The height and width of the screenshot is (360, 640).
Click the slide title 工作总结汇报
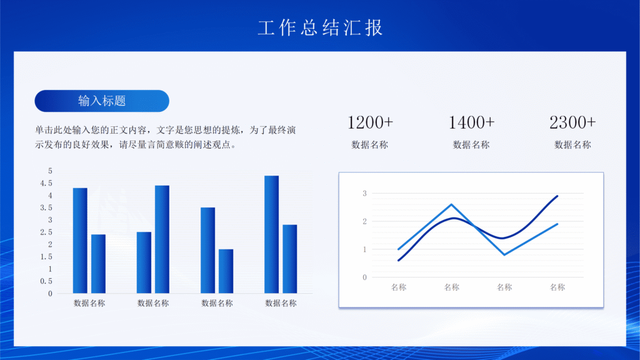pyautogui.click(x=320, y=27)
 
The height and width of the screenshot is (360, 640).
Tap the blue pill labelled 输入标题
pyautogui.click(x=102, y=101)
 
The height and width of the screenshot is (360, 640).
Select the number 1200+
pyautogui.click(x=370, y=122)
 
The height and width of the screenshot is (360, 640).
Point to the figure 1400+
pyautogui.click(x=471, y=122)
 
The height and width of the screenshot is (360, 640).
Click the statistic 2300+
pyautogui.click(x=572, y=122)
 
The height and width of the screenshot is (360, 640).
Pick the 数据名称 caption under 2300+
pyautogui.click(x=572, y=145)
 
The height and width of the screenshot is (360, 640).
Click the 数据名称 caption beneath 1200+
pyautogui.click(x=370, y=145)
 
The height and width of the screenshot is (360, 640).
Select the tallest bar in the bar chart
pyautogui.click(x=271, y=234)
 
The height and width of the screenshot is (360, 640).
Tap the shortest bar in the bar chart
pyautogui.click(x=226, y=271)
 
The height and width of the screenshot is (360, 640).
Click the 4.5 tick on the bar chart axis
pyautogui.click(x=46, y=183)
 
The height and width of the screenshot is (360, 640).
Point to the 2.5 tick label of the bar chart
pyautogui.click(x=46, y=232)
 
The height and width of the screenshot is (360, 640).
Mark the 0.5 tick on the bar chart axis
pyautogui.click(x=46, y=281)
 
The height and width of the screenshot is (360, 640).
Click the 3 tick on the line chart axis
pyautogui.click(x=364, y=193)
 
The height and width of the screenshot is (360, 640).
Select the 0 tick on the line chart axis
pyautogui.click(x=364, y=277)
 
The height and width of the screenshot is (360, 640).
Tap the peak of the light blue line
pyautogui.click(x=451, y=204)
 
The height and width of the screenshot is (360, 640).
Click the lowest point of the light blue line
pyautogui.click(x=504, y=254)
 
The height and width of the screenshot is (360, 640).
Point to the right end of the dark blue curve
pyautogui.click(x=557, y=196)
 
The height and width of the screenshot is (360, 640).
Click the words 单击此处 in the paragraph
pyautogui.click(x=52, y=130)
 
